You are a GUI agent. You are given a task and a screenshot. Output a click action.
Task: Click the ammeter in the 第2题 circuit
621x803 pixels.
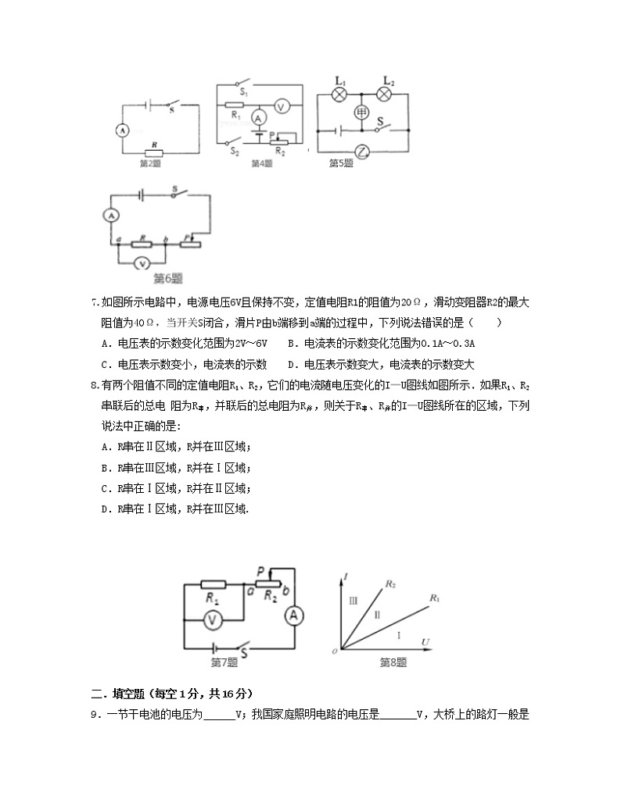pyautogui.click(x=122, y=130)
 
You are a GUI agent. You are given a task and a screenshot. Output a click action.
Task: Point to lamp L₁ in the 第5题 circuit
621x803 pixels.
pyautogui.click(x=339, y=94)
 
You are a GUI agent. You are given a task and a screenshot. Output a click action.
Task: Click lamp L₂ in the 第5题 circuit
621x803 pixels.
pyautogui.click(x=384, y=94)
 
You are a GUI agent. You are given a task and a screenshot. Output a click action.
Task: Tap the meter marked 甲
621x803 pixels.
pyautogui.click(x=361, y=112)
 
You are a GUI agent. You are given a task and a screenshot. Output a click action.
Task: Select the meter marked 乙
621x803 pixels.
pyautogui.click(x=361, y=151)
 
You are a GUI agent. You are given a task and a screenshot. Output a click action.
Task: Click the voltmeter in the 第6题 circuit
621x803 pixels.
pyautogui.click(x=142, y=263)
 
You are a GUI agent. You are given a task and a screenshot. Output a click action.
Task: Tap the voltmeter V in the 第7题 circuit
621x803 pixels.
pyautogui.click(x=210, y=619)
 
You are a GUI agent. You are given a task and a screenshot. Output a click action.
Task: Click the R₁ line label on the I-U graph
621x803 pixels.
pyautogui.click(x=434, y=598)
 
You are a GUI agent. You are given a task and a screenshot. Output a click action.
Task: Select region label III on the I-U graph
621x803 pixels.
pyautogui.click(x=354, y=600)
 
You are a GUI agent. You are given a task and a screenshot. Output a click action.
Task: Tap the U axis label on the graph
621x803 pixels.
pyautogui.click(x=425, y=641)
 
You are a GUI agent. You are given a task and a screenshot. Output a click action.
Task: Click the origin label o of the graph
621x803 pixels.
pyautogui.click(x=334, y=650)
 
